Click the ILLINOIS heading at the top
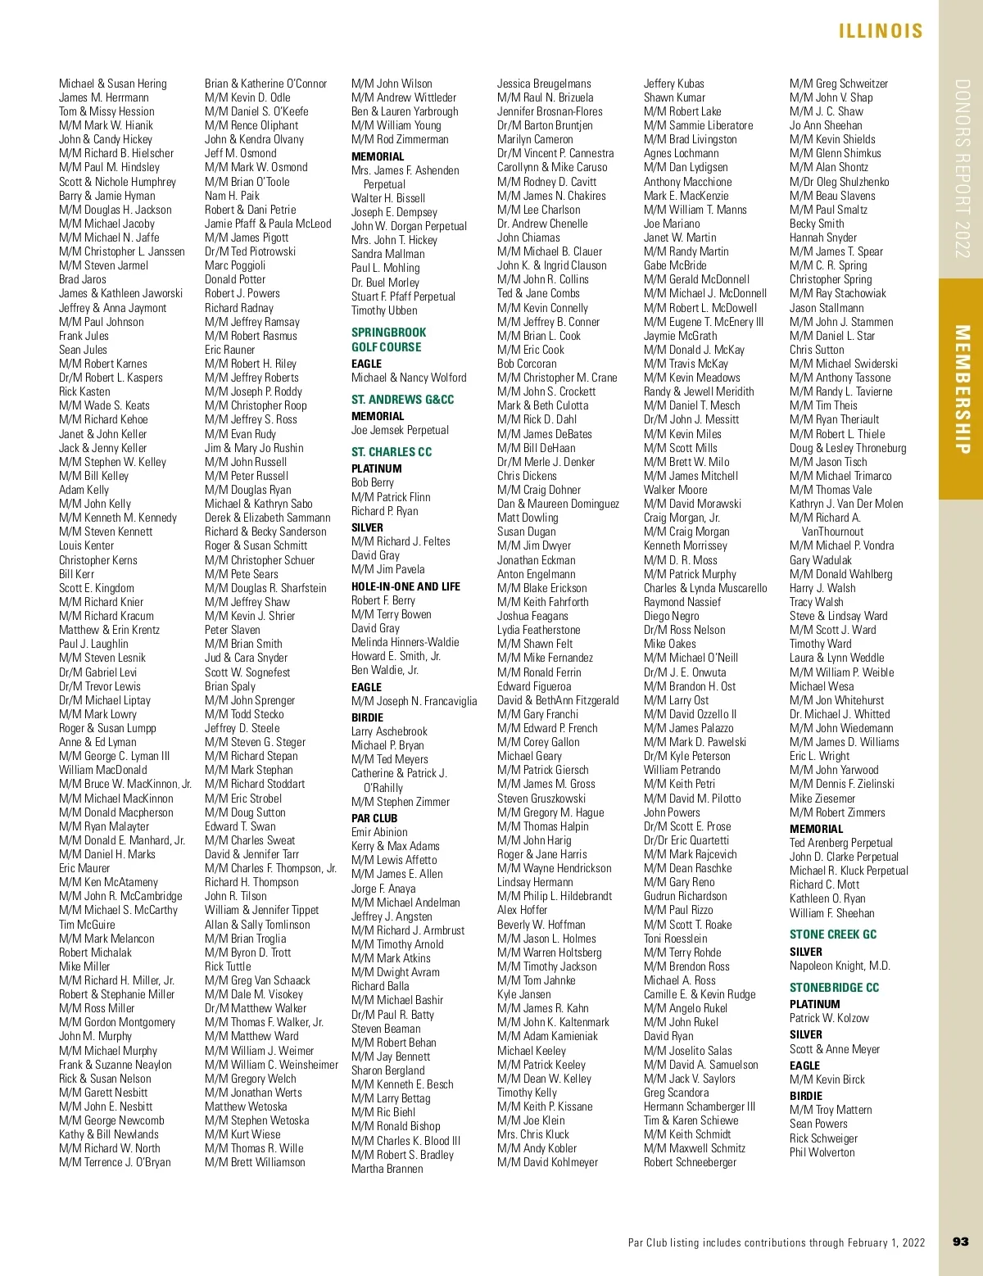881,31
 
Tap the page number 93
961,1242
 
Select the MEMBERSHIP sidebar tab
962,389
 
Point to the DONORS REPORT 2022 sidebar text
962,168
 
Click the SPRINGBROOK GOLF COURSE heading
388,340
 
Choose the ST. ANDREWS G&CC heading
402,400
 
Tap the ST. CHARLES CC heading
391,452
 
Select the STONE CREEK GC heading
832,934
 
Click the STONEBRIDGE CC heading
834,988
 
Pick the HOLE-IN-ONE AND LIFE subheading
405,586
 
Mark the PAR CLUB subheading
374,818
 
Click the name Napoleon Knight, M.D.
840,966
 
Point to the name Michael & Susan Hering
112,84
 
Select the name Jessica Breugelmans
543,84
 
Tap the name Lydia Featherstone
538,630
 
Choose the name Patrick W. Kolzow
829,1018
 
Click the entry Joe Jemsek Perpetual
400,430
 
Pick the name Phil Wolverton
822,1152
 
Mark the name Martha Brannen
387,1169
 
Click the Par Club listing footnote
776,1242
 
